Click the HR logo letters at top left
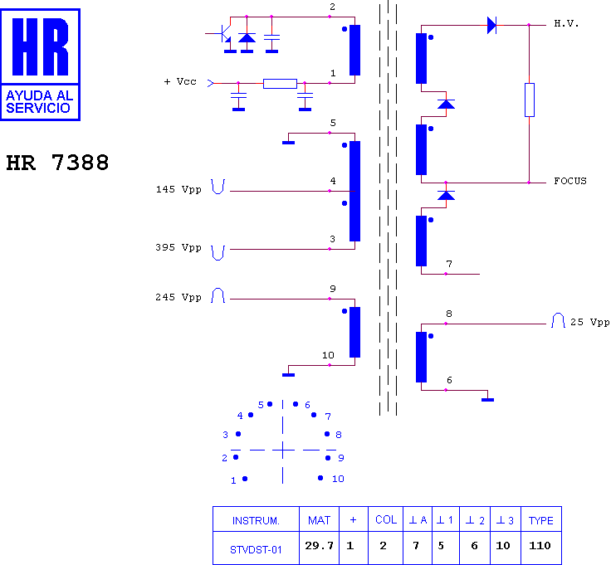[x=40, y=46]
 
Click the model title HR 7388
[x=57, y=163]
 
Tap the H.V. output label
[x=566, y=24]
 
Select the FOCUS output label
[x=570, y=181]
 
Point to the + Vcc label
[x=180, y=82]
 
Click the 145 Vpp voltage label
[x=178, y=190]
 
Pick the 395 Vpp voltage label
[x=178, y=247]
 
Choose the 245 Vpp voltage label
[x=178, y=298]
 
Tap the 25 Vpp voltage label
[x=590, y=323]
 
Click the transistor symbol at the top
[x=224, y=34]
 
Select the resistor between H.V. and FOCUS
[x=529, y=100]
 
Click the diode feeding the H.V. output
[x=491, y=26]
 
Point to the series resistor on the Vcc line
[x=280, y=83]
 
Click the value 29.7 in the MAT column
[x=319, y=546]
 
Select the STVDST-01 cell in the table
[x=256, y=550]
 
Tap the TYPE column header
[x=541, y=520]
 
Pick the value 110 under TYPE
[x=540, y=546]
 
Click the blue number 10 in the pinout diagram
[x=338, y=479]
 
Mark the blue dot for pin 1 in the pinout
[x=245, y=479]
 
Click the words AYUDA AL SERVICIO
[x=39, y=101]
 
